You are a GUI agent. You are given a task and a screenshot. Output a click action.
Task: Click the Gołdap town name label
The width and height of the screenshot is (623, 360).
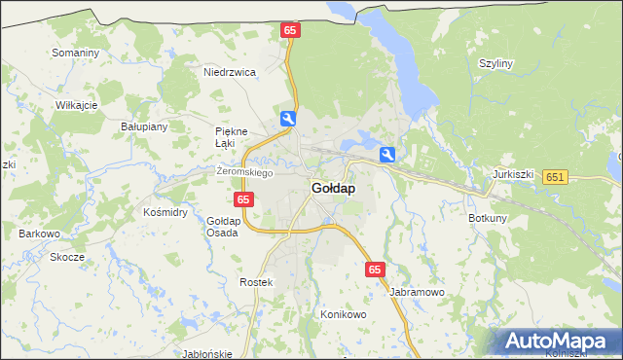click(333, 188)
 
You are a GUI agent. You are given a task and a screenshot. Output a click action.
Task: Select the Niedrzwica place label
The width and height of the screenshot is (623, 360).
click(229, 72)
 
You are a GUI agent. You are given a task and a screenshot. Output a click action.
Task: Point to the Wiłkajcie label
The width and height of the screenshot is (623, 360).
click(77, 104)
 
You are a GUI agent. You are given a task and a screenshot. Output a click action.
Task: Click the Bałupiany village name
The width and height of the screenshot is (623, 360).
click(144, 126)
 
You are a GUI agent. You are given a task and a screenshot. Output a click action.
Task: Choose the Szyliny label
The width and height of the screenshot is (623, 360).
click(495, 63)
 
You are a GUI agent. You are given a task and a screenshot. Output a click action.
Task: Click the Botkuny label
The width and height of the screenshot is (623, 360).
click(488, 218)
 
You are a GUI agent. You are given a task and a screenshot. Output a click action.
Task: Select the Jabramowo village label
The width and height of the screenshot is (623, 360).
click(417, 291)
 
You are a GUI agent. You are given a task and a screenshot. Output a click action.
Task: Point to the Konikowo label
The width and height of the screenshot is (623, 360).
click(343, 315)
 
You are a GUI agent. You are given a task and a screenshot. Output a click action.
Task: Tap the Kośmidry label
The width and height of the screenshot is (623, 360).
click(165, 211)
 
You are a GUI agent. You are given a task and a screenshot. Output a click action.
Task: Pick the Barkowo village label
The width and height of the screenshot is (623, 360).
click(40, 234)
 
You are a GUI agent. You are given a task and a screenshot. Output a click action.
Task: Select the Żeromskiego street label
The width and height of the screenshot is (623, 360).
click(244, 172)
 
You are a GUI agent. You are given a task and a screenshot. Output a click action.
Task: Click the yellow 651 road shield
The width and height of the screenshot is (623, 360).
click(556, 176)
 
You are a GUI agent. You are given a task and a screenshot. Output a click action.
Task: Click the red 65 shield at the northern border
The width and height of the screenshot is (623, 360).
click(290, 31)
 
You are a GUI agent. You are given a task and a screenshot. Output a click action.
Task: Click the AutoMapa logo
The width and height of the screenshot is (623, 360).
click(557, 342)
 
